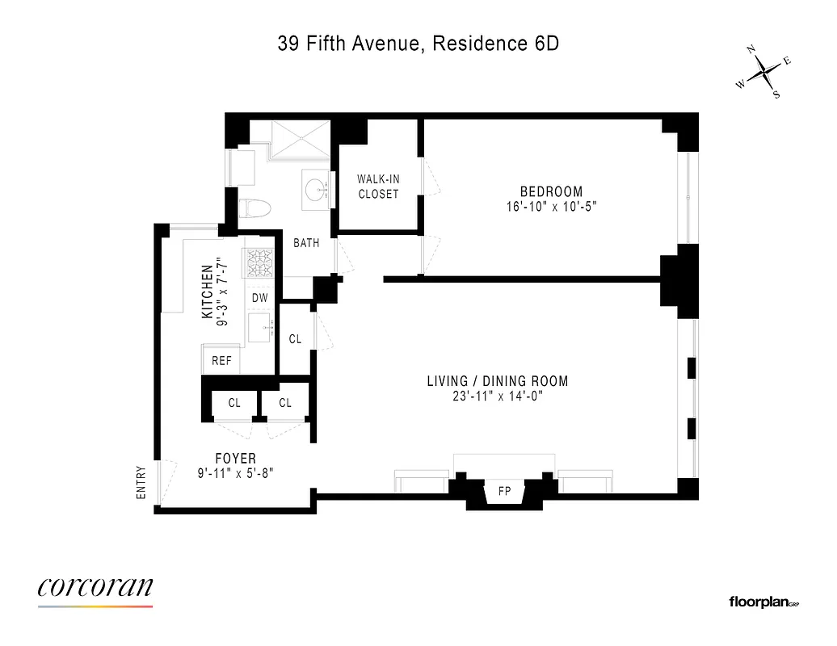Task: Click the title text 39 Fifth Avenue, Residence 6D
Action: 418,44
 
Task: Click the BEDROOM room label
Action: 551,191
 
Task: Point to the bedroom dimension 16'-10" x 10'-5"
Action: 551,207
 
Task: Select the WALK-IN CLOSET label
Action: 378,187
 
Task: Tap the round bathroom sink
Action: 315,188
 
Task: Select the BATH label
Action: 306,242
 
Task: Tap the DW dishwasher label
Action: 259,297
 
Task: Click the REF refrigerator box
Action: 221,360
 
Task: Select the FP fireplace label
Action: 504,490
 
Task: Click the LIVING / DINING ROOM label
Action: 497,381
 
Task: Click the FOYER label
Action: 237,459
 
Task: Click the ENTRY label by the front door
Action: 141,483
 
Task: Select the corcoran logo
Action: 95,588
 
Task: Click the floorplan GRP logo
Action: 763,602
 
